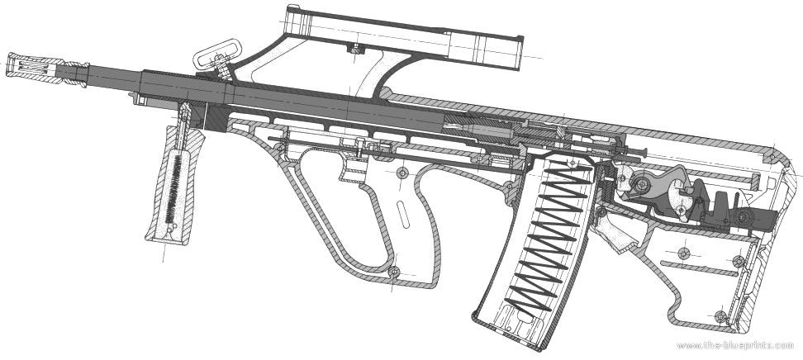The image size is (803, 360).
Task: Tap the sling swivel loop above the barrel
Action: coord(213,54)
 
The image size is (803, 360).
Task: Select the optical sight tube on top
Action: coord(405,39)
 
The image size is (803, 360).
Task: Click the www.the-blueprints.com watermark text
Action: coord(735,346)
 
